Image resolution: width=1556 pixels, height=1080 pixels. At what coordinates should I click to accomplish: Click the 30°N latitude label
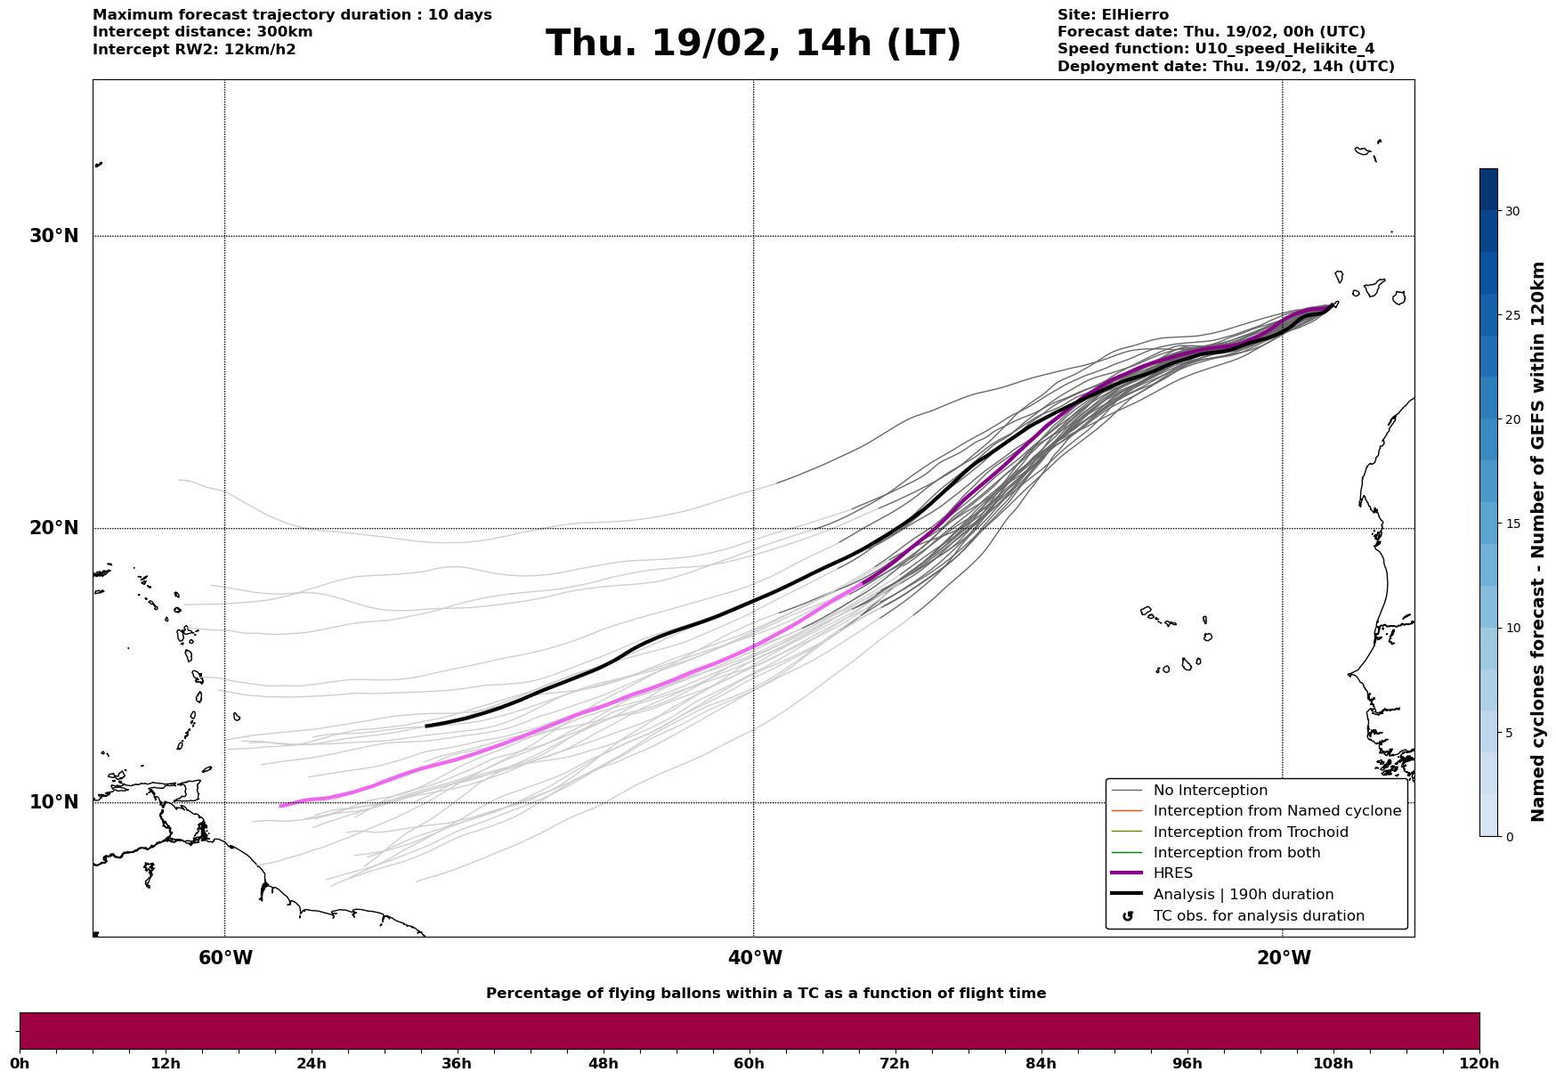tap(53, 236)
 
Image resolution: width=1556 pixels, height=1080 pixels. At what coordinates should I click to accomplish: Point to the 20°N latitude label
tap(53, 528)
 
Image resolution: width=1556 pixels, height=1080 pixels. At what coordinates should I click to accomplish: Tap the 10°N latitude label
tap(53, 802)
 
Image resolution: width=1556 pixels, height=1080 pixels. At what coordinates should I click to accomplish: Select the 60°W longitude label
tap(225, 958)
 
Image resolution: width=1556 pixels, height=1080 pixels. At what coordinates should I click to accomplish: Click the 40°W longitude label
tap(755, 958)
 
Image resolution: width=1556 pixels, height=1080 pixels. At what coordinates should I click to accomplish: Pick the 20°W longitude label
tap(1284, 958)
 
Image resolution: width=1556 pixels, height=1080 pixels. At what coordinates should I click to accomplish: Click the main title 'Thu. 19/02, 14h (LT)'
tap(753, 44)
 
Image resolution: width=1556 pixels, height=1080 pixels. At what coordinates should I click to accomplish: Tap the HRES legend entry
tap(1172, 873)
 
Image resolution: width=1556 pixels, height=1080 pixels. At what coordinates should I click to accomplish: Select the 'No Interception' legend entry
tap(1210, 791)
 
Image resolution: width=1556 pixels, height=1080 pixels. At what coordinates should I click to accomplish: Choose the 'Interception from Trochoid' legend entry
tap(1250, 832)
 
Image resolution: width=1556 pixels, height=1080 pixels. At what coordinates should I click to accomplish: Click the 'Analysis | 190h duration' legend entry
tap(1243, 895)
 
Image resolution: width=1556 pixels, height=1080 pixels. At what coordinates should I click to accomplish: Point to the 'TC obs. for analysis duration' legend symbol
tap(1128, 916)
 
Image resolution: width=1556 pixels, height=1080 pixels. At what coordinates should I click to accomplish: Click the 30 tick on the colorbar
tap(1511, 211)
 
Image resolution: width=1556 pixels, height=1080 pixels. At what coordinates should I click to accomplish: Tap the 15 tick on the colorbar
tap(1511, 524)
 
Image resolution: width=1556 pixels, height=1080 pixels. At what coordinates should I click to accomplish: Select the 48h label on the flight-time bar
tap(603, 1063)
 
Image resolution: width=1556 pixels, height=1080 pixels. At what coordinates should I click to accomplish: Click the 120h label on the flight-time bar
tap(1479, 1063)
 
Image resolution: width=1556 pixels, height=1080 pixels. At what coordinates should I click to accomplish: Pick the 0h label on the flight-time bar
tap(20, 1063)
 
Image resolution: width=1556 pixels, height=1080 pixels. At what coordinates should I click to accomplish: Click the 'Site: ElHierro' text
tap(1113, 15)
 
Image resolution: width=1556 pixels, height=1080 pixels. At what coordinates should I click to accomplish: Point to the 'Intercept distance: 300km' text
tap(202, 32)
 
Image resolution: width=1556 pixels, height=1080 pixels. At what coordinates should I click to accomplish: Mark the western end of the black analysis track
tap(426, 726)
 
